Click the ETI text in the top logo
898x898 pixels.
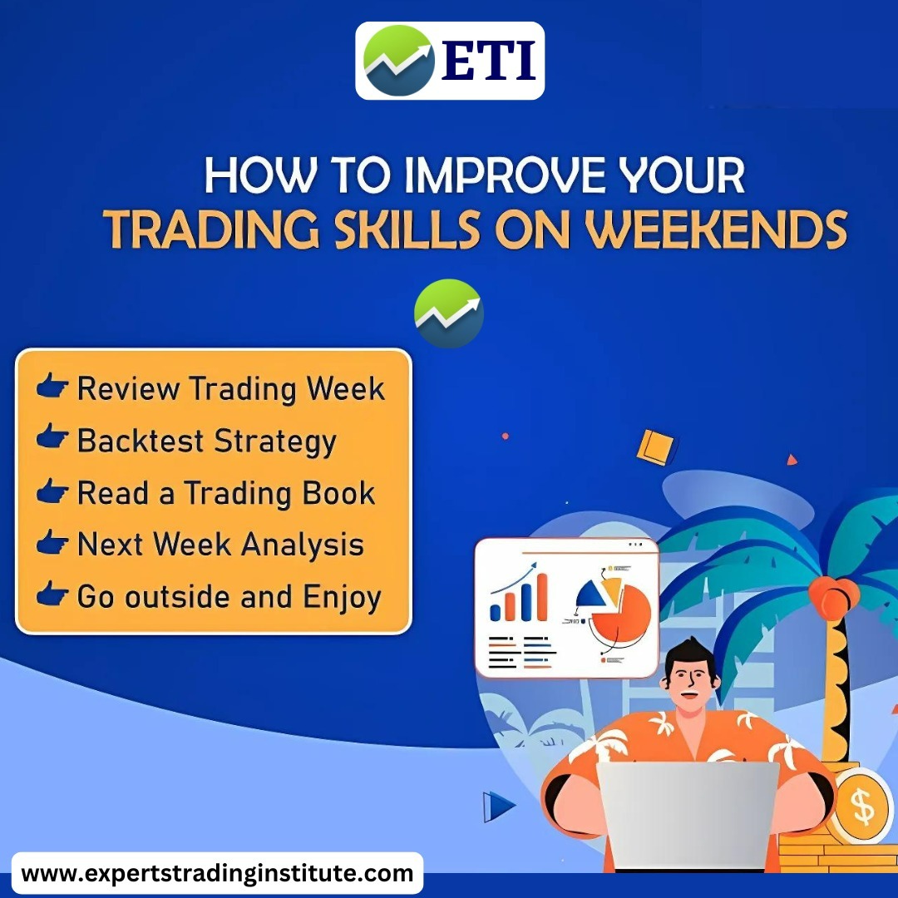click(489, 61)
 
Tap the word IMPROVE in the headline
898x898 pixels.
click(505, 175)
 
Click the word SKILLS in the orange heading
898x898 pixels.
click(407, 229)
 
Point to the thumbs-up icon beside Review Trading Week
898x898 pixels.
click(52, 385)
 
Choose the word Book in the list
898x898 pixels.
click(338, 493)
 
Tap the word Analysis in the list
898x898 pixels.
click(303, 545)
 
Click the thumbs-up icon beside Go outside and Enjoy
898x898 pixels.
click(52, 594)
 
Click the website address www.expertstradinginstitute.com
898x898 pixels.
click(217, 873)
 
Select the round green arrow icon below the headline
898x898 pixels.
click(449, 313)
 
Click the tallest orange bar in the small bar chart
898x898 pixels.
click(542, 596)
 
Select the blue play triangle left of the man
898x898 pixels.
click(498, 807)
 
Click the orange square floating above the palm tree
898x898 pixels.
click(656, 447)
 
